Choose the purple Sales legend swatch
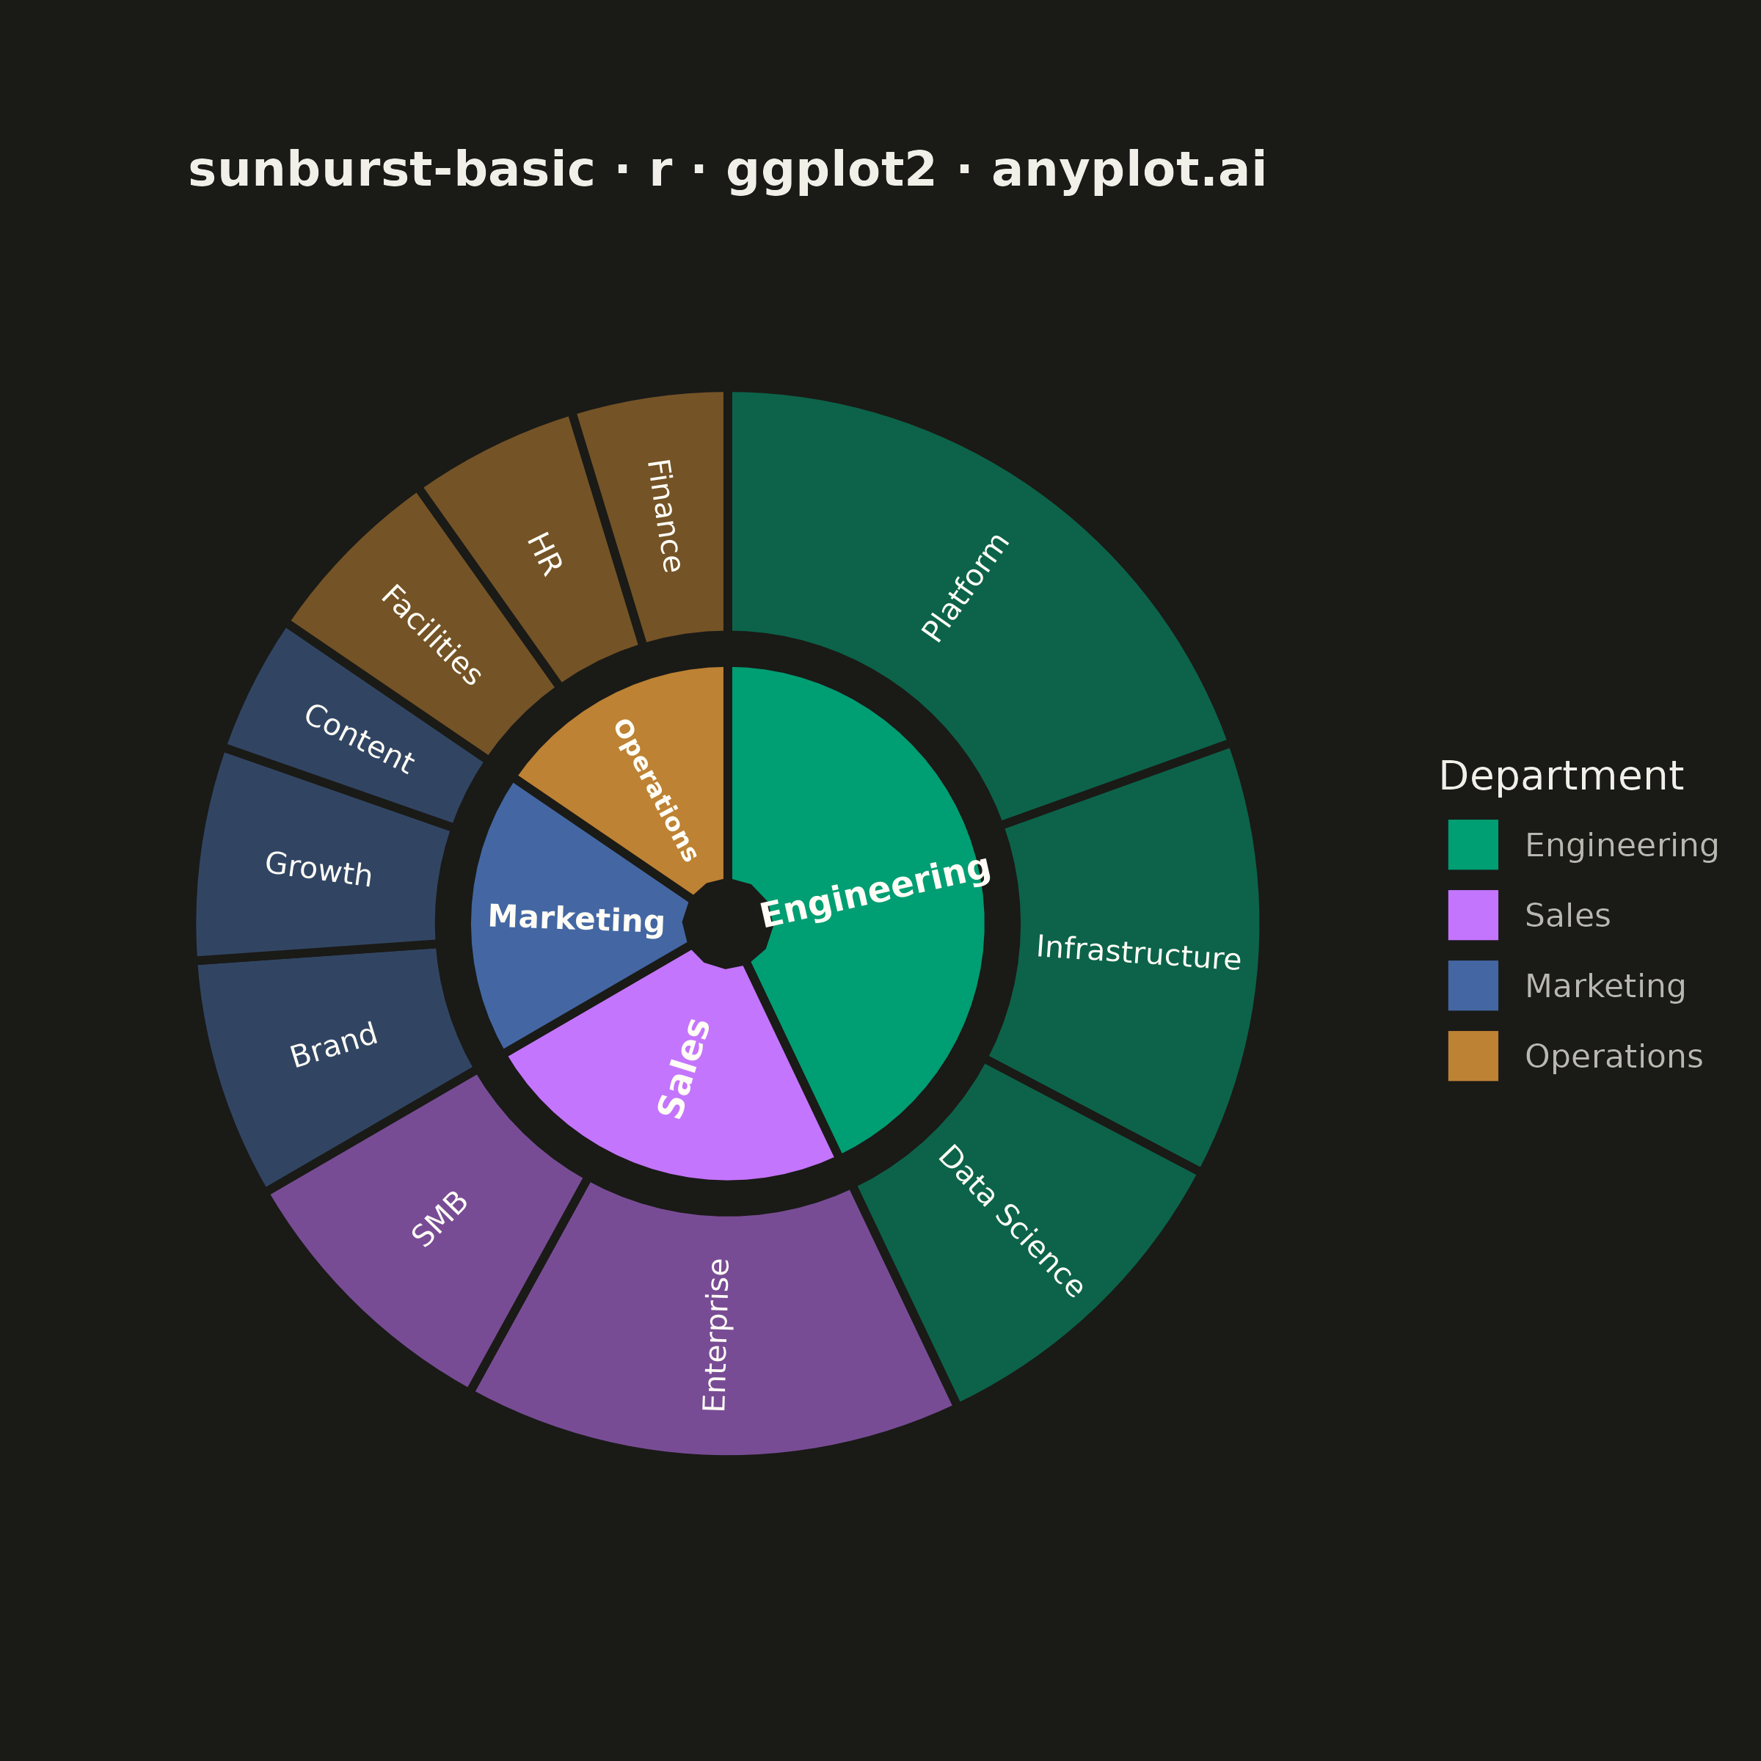[x=1473, y=915]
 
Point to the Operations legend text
[x=1614, y=1057]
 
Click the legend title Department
[x=1561, y=776]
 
